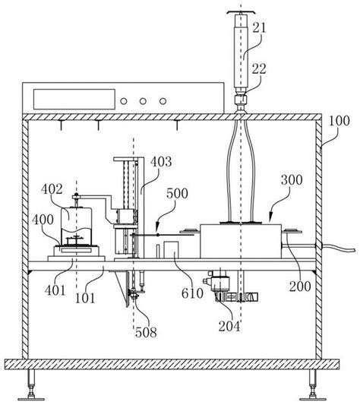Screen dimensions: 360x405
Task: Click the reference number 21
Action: coord(259,27)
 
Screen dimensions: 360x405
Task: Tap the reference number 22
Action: coord(259,69)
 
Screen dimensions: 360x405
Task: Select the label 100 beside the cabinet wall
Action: coord(339,121)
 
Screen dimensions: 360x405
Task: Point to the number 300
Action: coord(292,180)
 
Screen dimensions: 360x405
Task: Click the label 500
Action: coord(177,194)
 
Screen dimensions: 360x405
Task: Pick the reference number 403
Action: coord(161,162)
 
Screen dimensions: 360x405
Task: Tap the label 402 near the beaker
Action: coord(52,189)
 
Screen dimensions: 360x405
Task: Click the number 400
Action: coord(43,220)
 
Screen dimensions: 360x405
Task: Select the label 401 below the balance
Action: coord(55,290)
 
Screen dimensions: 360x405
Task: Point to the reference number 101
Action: coord(85,299)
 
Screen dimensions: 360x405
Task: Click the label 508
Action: coord(146,332)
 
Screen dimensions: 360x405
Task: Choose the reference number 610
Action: coord(192,293)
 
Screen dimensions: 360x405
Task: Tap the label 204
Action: coord(229,326)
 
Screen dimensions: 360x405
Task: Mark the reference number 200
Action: coord(300,286)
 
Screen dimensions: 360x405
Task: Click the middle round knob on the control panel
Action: coord(143,101)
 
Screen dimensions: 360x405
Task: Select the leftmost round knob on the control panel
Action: coord(124,101)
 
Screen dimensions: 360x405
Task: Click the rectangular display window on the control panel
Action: coord(74,99)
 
